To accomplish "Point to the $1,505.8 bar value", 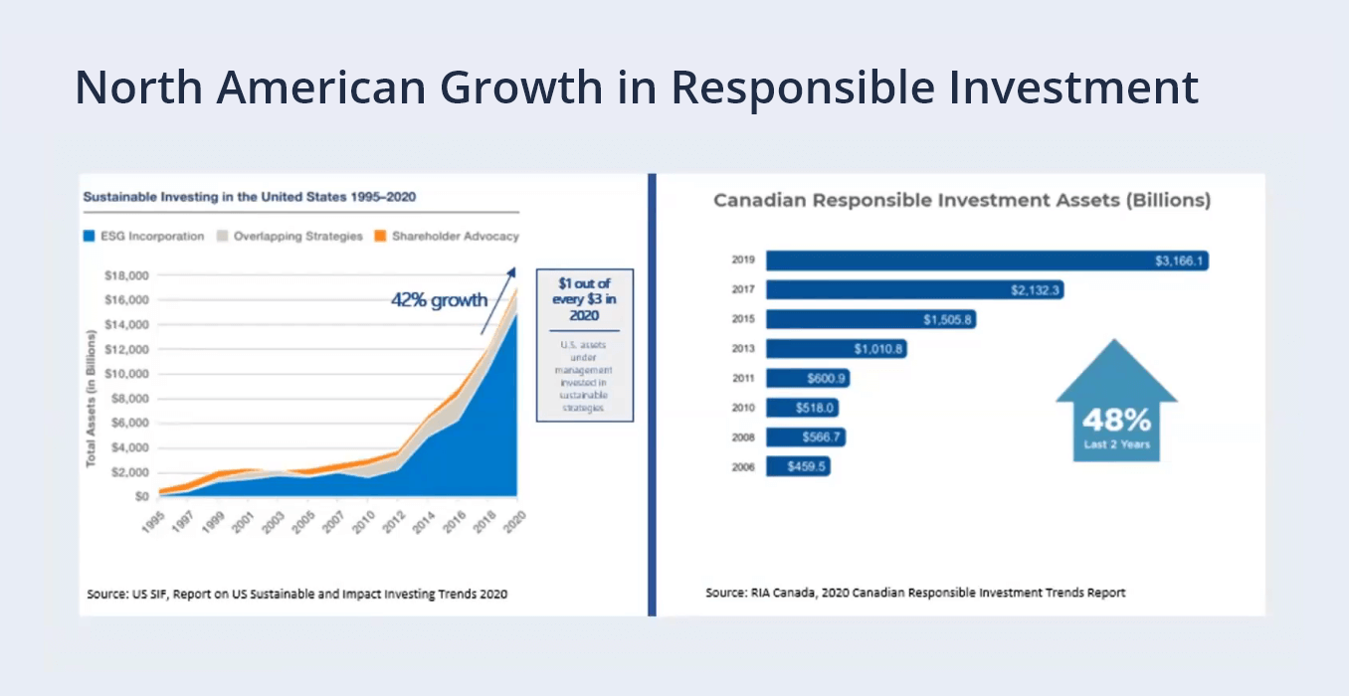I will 947,319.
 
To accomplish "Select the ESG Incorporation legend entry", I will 144,237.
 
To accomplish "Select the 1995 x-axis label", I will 152,522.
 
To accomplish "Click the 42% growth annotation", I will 439,300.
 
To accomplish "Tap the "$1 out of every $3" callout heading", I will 585,298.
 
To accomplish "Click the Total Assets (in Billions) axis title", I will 92,398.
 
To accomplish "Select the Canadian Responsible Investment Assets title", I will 961,200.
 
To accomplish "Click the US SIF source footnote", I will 296,594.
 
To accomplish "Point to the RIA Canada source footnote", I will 915,593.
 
